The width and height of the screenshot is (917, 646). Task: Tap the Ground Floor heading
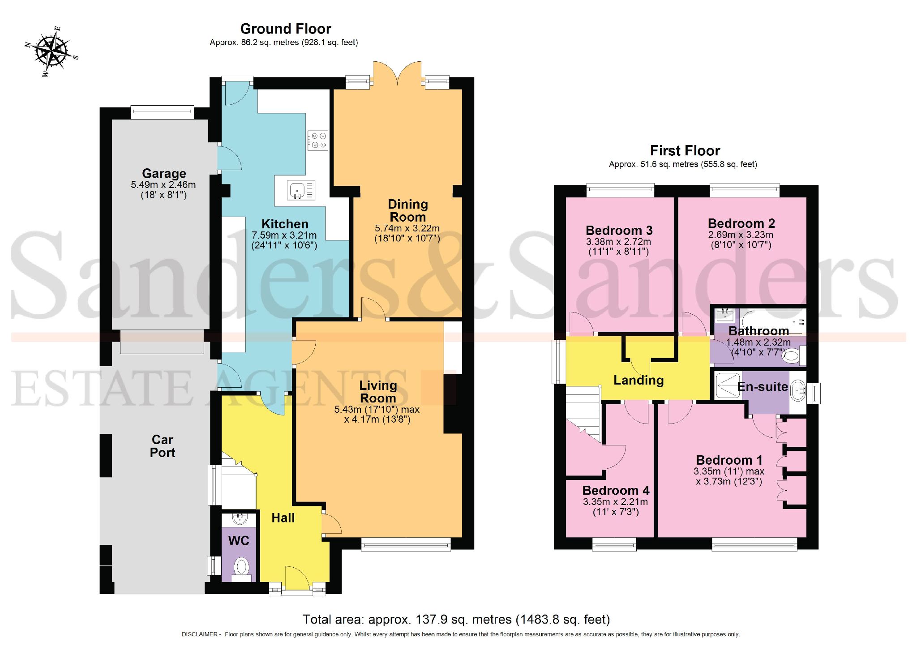pyautogui.click(x=286, y=29)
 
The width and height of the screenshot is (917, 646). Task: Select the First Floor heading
pyautogui.click(x=685, y=151)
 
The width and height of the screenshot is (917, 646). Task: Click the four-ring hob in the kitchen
pyautogui.click(x=318, y=141)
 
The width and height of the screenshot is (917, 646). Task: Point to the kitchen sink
pyautogui.click(x=296, y=190)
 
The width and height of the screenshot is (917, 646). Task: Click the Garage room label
pyautogui.click(x=164, y=174)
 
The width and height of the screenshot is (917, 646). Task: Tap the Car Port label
pyautogui.click(x=162, y=446)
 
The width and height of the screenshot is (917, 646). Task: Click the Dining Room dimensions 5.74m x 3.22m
pyautogui.click(x=407, y=228)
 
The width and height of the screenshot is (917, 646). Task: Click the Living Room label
pyautogui.click(x=378, y=392)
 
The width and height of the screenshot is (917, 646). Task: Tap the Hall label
pyautogui.click(x=283, y=518)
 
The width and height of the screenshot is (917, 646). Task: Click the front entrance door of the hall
pyautogui.click(x=297, y=578)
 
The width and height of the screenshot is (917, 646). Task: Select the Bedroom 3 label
pyautogui.click(x=619, y=231)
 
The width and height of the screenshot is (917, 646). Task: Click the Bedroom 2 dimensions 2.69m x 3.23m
pyautogui.click(x=741, y=235)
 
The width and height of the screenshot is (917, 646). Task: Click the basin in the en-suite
pyautogui.click(x=798, y=390)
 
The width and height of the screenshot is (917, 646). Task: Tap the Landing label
pyautogui.click(x=638, y=381)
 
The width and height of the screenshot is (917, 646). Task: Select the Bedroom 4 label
pyautogui.click(x=616, y=491)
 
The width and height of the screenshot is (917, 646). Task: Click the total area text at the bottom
pyautogui.click(x=456, y=620)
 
